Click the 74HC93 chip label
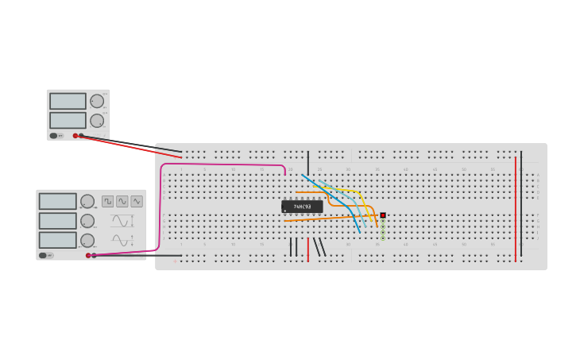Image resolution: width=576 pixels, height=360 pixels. click(x=302, y=207)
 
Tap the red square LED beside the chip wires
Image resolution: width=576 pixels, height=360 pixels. click(x=382, y=215)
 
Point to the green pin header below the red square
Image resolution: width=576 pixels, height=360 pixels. click(x=382, y=230)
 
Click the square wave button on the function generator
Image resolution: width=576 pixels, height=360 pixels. click(x=107, y=201)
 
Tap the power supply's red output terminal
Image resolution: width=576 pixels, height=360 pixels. click(x=75, y=136)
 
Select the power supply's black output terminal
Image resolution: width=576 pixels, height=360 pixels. click(x=81, y=136)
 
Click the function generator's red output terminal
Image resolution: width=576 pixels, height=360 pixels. click(x=88, y=255)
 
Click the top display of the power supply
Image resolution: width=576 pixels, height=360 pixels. click(x=68, y=101)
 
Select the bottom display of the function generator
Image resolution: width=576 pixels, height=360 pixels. click(x=57, y=240)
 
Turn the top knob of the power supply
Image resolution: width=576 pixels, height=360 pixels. click(x=96, y=101)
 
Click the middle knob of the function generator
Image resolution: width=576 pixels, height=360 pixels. click(x=87, y=221)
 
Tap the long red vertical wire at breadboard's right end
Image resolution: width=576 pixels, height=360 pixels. click(x=515, y=207)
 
